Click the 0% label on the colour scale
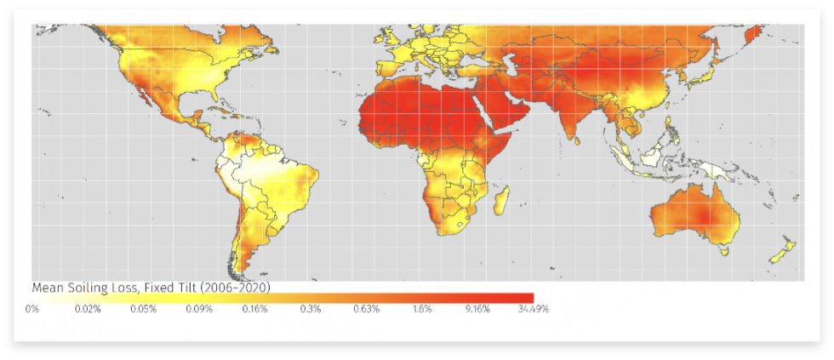point(32,309)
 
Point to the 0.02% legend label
point(88,309)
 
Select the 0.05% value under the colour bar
point(143,309)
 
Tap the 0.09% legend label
point(199,309)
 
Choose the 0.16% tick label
point(254,309)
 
